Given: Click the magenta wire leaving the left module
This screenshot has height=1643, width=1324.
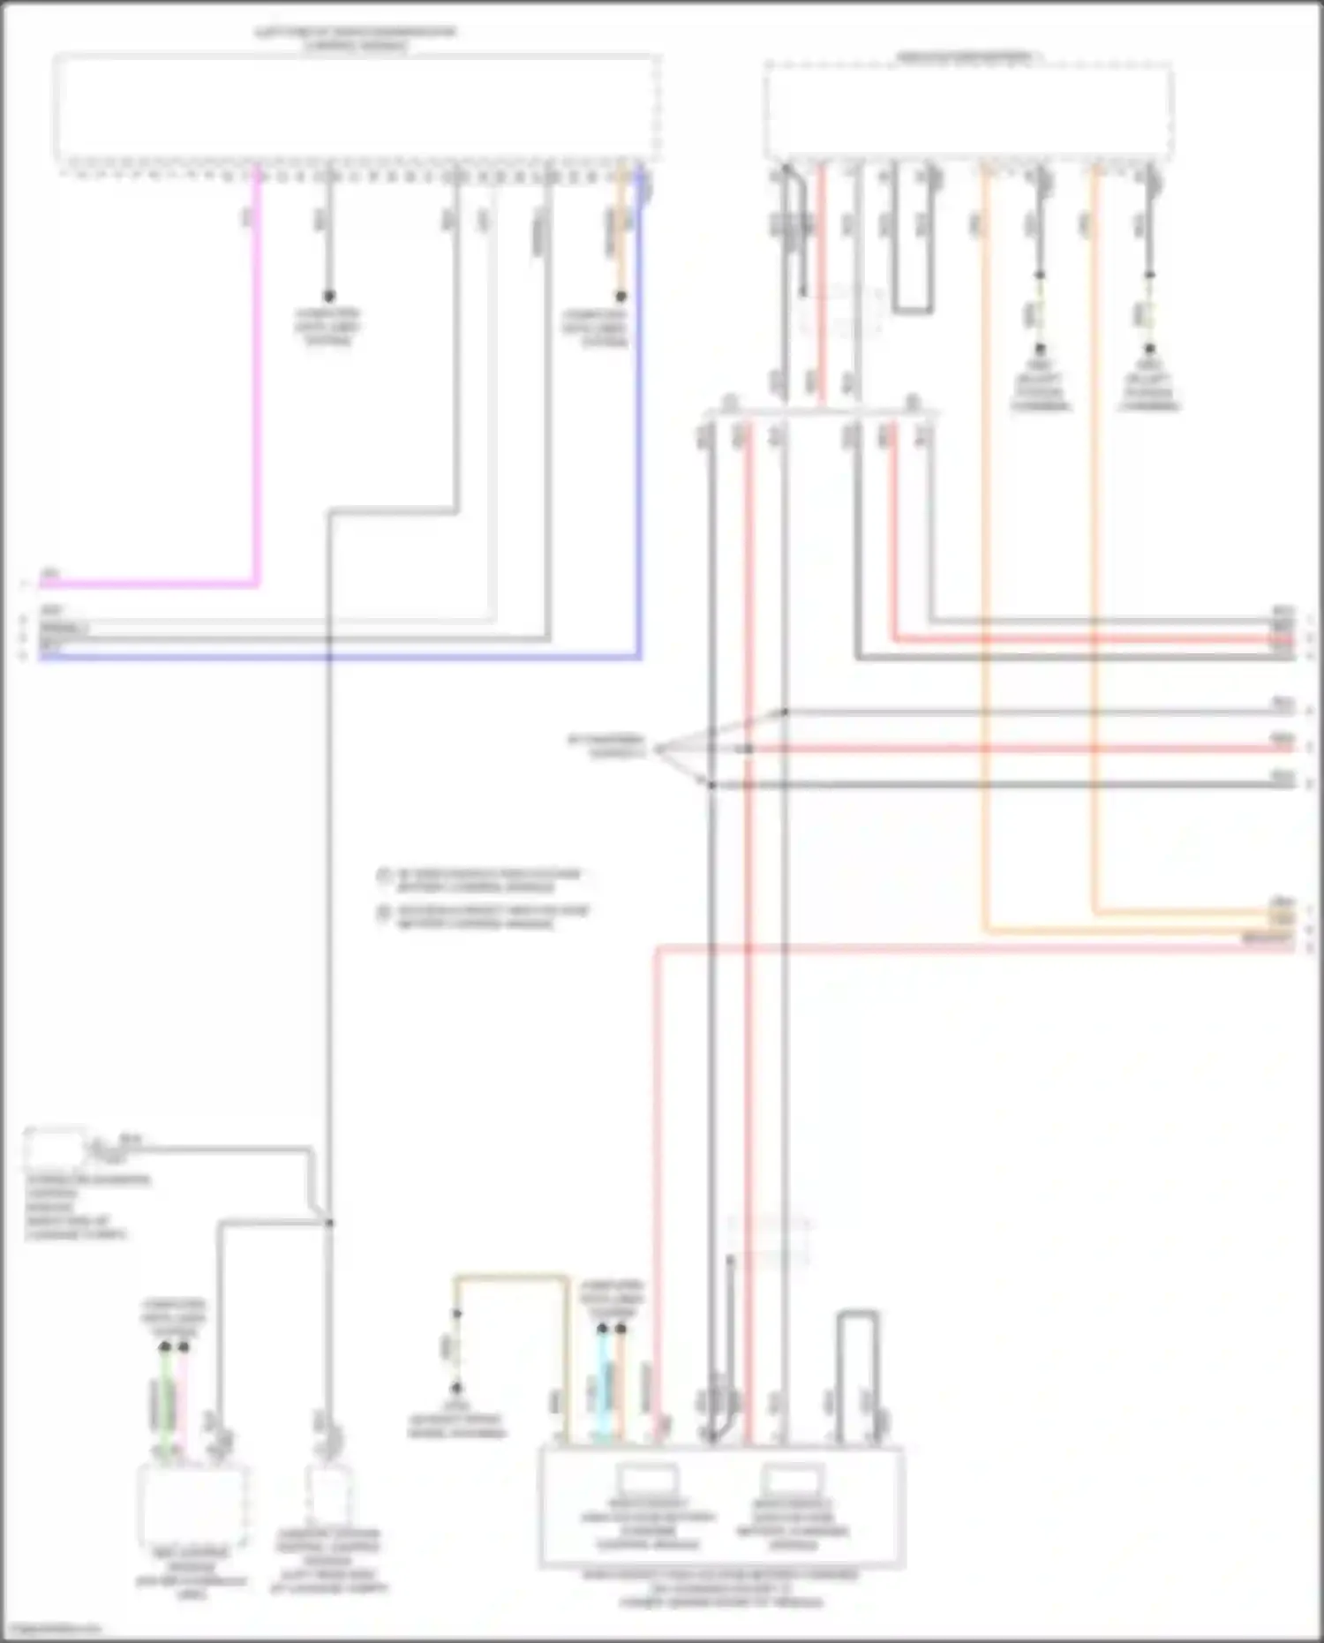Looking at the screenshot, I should click(x=258, y=397).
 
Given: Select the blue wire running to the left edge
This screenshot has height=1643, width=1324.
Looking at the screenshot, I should click(x=638, y=441).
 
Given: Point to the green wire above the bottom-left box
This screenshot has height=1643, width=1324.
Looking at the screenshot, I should click(x=165, y=1404).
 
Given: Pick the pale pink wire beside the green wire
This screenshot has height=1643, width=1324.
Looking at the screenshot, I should click(x=184, y=1404).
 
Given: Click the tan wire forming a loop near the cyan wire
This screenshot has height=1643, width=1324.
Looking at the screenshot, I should click(x=512, y=1277).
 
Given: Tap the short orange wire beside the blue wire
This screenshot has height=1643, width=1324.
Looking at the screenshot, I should click(x=621, y=230).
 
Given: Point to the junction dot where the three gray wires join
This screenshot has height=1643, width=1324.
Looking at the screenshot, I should click(x=329, y=1223).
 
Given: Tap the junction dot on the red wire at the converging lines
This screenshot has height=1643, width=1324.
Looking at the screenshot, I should click(x=748, y=750).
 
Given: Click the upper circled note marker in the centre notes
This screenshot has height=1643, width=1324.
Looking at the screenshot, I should click(x=383, y=877).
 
